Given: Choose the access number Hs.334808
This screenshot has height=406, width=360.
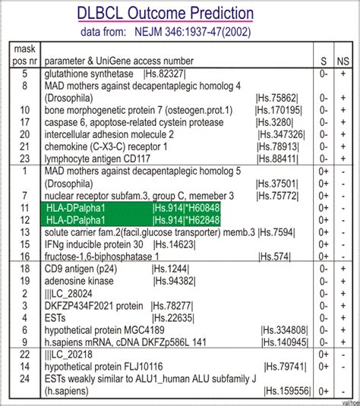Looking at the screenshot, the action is [x=284, y=330].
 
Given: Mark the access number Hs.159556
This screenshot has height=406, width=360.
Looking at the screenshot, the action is [x=287, y=392].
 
